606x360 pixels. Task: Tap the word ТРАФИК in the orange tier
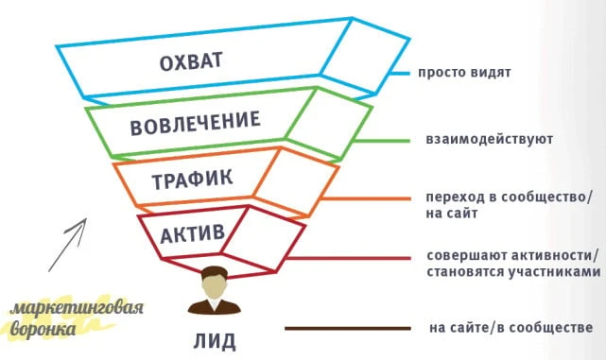tap(192, 177)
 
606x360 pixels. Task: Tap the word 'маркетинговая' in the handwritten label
tap(78, 309)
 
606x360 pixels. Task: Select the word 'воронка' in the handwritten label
tap(46, 332)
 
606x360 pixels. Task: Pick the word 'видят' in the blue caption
tap(487, 74)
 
